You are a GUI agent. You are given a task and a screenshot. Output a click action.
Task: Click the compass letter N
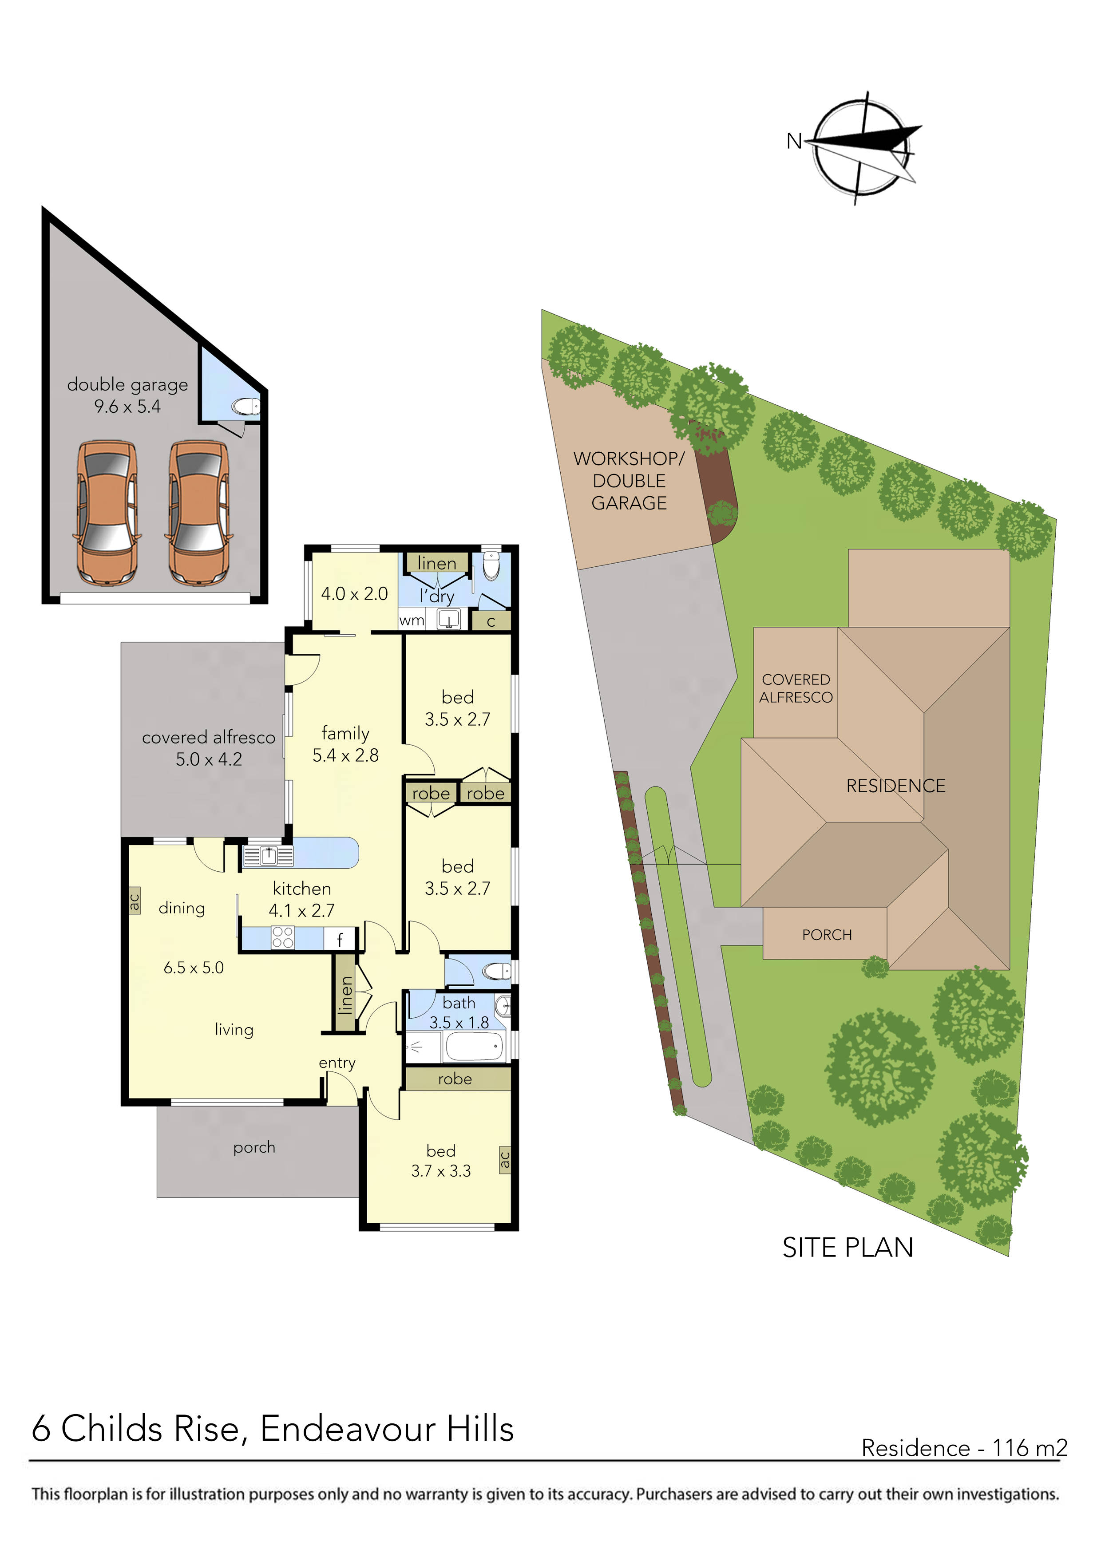(x=794, y=141)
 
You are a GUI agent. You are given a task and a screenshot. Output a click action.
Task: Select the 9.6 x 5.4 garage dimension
(x=127, y=407)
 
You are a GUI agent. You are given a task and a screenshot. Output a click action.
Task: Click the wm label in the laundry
(x=411, y=620)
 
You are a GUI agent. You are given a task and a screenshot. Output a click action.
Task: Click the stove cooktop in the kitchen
(x=283, y=938)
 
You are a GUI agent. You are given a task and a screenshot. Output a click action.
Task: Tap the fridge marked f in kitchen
(x=340, y=939)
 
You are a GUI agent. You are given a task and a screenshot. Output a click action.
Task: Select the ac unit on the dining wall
(x=135, y=901)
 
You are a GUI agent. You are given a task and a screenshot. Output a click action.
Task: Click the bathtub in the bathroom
(x=474, y=1047)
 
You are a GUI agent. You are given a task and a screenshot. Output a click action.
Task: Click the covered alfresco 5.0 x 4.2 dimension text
(x=209, y=759)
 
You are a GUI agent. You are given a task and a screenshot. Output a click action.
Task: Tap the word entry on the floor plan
(x=337, y=1063)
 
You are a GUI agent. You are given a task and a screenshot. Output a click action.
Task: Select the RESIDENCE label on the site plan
(x=895, y=786)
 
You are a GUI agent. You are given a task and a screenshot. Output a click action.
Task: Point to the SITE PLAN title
(x=848, y=1248)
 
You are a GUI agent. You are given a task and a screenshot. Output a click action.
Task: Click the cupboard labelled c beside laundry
(x=491, y=621)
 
